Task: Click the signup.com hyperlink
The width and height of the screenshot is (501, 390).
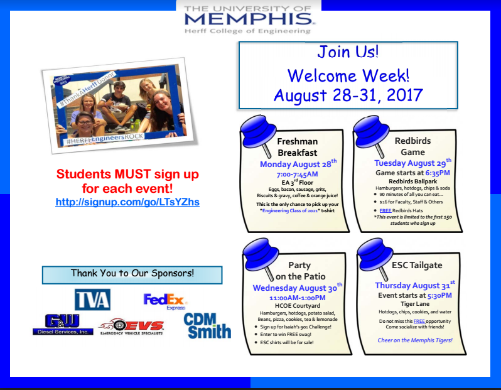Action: click(x=127, y=202)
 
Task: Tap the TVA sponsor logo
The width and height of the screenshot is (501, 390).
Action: click(x=93, y=300)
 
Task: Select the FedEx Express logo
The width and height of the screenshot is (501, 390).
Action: click(x=165, y=301)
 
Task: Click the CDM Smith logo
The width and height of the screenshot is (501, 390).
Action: click(x=207, y=325)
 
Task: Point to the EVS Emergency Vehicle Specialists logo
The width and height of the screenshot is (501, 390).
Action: click(x=132, y=327)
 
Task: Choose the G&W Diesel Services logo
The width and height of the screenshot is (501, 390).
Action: click(x=63, y=325)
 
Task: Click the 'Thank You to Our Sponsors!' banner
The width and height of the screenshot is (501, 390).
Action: click(x=132, y=274)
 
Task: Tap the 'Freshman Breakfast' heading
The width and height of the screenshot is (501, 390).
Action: click(x=298, y=147)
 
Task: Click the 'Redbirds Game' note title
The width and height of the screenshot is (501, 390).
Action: click(x=413, y=146)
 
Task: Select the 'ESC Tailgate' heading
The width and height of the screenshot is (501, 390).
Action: click(x=417, y=265)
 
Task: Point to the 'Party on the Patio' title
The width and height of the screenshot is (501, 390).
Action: click(x=300, y=271)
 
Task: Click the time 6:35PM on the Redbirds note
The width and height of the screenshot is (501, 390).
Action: click(x=438, y=173)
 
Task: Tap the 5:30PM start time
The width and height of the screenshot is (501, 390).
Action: click(x=439, y=295)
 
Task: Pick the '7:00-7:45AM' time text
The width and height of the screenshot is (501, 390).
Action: click(x=297, y=174)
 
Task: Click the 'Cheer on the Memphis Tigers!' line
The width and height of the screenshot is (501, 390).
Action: click(x=415, y=340)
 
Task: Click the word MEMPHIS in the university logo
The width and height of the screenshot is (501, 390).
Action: click(x=249, y=19)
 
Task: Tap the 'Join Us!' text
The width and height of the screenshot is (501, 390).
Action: click(x=348, y=51)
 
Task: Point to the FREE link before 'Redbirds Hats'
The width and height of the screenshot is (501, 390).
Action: click(x=385, y=210)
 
